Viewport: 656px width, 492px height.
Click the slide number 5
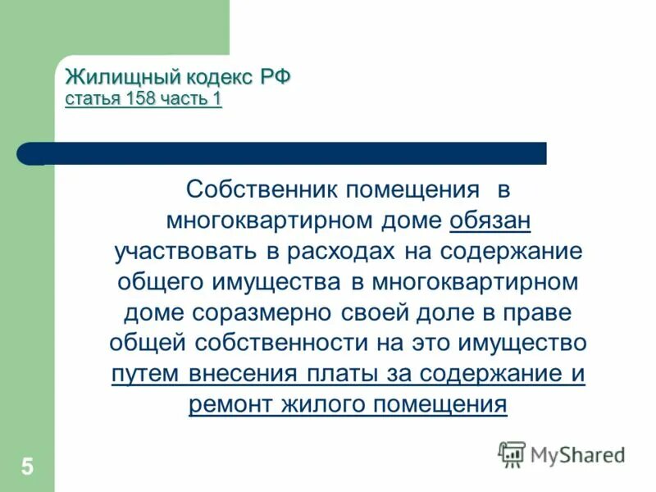[x=28, y=468]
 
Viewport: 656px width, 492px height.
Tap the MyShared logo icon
[x=512, y=453]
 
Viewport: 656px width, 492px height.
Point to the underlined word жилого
[x=326, y=403]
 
